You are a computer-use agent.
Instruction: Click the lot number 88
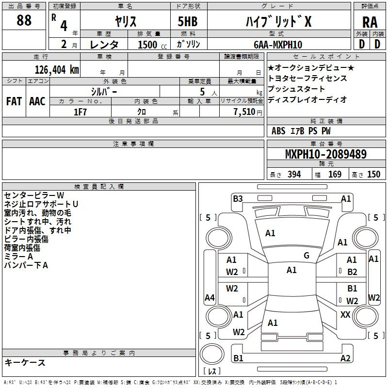pyautogui.click(x=24, y=20)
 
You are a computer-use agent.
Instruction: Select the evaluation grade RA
pyautogui.click(x=370, y=22)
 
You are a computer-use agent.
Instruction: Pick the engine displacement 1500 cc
pyautogui.click(x=147, y=45)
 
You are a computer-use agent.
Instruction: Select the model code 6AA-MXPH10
pyautogui.click(x=278, y=45)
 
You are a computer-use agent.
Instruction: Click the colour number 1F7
pyautogui.click(x=80, y=112)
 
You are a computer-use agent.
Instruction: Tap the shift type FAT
pyautogui.click(x=14, y=101)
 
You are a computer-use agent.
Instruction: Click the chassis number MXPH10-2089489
pyautogui.click(x=326, y=154)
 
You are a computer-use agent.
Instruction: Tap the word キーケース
pyautogui.click(x=25, y=362)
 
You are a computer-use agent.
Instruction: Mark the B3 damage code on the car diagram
pyautogui.click(x=238, y=198)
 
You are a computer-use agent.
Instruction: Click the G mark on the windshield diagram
pyautogui.click(x=307, y=256)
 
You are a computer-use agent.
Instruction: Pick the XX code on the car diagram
pyautogui.click(x=345, y=315)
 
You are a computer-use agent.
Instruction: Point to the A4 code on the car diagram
pyautogui.click(x=210, y=297)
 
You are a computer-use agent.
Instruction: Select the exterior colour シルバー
pyautogui.click(x=104, y=91)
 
